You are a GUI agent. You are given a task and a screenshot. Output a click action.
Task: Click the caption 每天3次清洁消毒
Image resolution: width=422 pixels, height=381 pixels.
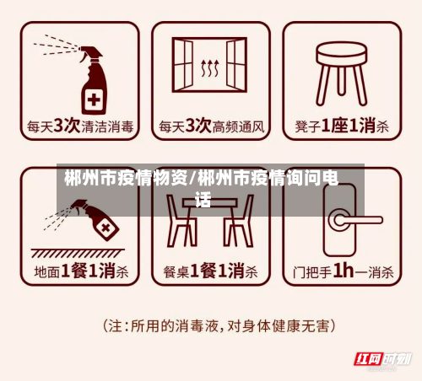coord(80,127)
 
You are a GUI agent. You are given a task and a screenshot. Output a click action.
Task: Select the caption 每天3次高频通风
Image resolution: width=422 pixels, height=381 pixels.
coord(212,127)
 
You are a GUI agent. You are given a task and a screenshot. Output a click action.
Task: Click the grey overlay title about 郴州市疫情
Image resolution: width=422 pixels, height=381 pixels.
coord(203,188)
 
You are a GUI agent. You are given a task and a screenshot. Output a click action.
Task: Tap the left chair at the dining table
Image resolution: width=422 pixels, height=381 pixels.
coord(180,221)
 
